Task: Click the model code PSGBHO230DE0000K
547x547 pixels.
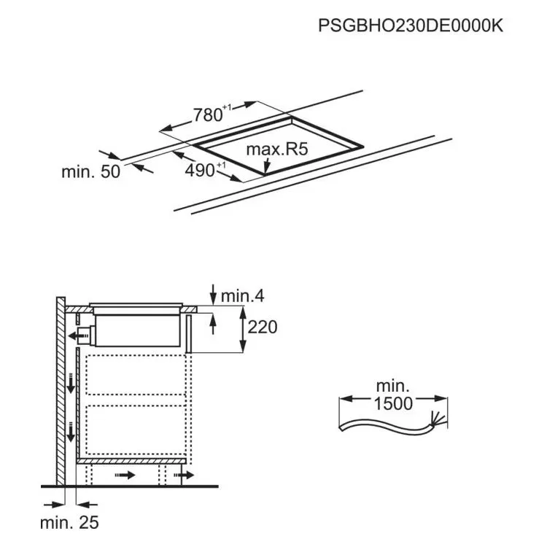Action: click(411, 26)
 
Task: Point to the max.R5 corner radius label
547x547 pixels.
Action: click(277, 150)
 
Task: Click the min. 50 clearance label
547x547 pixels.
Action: click(90, 171)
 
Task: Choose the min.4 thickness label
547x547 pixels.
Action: click(242, 296)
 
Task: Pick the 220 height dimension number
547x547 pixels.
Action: click(263, 327)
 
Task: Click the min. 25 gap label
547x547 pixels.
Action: click(69, 523)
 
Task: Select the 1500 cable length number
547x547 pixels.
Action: click(393, 403)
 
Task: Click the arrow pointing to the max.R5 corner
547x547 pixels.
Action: click(266, 166)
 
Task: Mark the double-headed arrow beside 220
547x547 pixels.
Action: click(243, 329)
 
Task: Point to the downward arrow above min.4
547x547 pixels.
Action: click(213, 294)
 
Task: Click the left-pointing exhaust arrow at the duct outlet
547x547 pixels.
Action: click(79, 336)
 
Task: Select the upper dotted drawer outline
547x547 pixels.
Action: click(136, 375)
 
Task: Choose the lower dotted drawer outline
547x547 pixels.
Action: click(136, 430)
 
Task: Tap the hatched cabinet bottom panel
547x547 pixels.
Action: click(131, 461)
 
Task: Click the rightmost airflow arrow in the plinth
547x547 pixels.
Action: click(184, 475)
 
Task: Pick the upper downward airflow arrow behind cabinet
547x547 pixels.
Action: click(71, 384)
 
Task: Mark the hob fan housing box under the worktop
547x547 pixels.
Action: click(137, 330)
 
